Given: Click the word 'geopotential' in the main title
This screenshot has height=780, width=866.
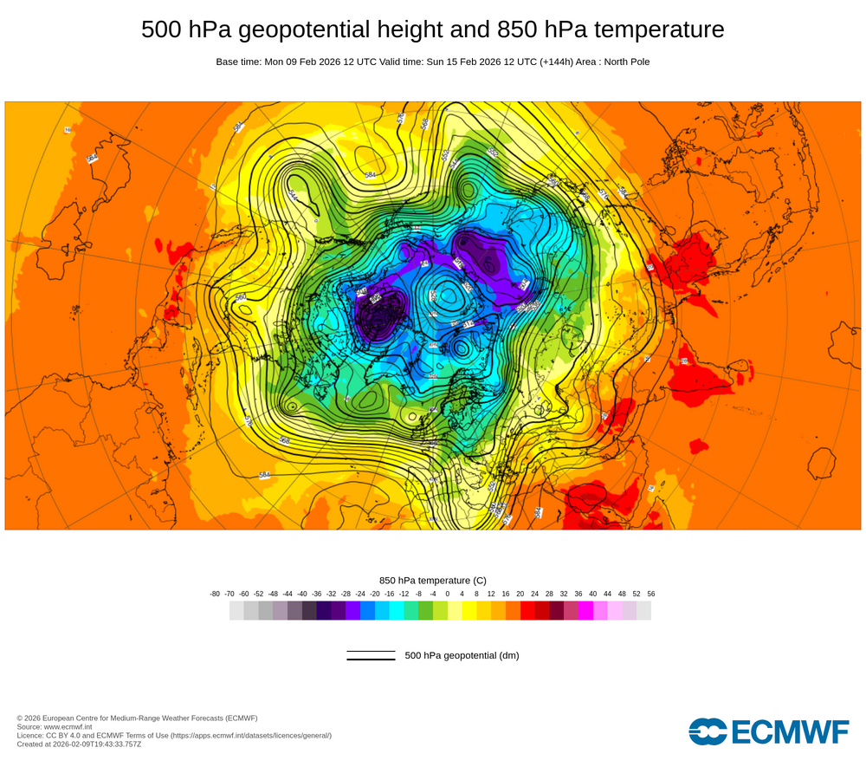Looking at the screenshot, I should [x=296, y=30].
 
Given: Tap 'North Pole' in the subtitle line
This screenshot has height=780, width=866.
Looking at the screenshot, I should [x=624, y=62].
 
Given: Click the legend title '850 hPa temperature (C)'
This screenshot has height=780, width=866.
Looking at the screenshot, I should [x=433, y=580].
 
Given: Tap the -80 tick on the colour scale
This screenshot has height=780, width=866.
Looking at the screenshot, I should [x=215, y=594].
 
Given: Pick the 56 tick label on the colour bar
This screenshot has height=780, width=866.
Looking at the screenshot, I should [x=650, y=594].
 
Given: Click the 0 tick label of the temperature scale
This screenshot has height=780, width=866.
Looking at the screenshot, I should [x=448, y=594].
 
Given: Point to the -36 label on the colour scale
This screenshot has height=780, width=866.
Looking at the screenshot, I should [x=317, y=594].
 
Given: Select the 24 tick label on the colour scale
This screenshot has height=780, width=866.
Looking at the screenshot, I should [x=534, y=594].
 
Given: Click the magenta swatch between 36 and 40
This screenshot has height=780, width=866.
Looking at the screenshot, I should [x=585, y=610].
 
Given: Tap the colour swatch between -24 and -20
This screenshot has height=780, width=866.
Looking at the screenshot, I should [x=367, y=610].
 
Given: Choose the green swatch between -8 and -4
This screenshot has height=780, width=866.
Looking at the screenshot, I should [x=425, y=610].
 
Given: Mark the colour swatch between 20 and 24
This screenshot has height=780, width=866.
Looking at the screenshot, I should [x=527, y=610].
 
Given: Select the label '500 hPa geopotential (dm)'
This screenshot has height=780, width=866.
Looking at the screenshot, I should [x=462, y=655].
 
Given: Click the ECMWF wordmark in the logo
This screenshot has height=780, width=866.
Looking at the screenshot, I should [x=790, y=731].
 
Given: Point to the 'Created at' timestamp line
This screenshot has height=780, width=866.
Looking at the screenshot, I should [x=79, y=744].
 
